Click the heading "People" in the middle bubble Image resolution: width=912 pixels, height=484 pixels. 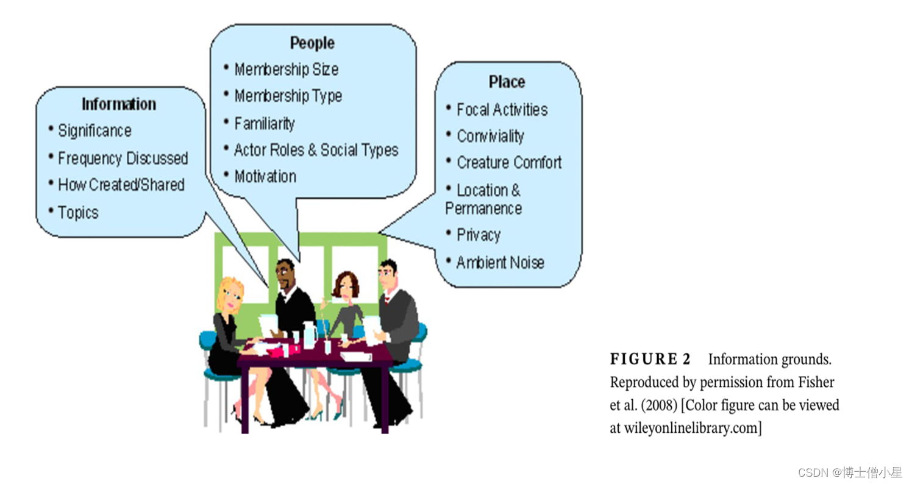click(x=312, y=43)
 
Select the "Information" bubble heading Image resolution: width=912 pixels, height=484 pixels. click(x=119, y=104)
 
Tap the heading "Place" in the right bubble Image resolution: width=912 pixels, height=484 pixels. click(x=507, y=82)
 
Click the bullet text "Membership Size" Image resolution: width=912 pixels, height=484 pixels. click(x=286, y=69)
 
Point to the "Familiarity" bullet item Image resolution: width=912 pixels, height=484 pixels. click(x=264, y=124)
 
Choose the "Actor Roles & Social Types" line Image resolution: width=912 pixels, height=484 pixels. click(x=316, y=151)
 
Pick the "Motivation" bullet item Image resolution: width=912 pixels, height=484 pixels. click(x=265, y=177)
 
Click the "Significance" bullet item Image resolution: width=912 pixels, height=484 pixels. click(x=94, y=131)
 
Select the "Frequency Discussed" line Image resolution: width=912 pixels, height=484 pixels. click(x=123, y=158)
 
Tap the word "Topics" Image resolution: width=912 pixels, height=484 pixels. click(x=78, y=213)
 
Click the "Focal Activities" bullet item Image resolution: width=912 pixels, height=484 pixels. click(x=502, y=110)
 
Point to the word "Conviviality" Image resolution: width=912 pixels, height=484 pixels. click(x=490, y=137)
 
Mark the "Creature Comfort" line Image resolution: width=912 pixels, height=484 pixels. click(x=509, y=163)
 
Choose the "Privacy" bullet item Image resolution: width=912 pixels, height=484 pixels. click(x=479, y=235)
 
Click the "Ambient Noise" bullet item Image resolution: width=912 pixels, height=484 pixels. click(x=500, y=263)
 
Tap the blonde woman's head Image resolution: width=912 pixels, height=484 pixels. click(x=230, y=295)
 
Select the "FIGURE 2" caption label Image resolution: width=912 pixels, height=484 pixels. click(x=650, y=360)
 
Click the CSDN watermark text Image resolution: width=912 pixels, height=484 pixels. click(x=849, y=472)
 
